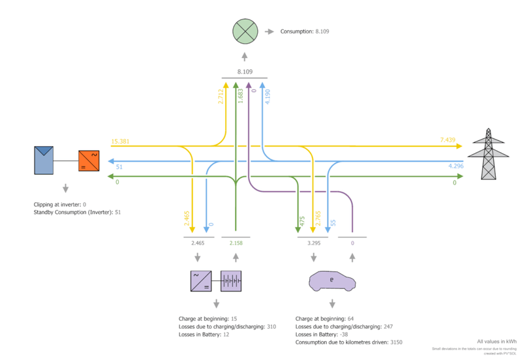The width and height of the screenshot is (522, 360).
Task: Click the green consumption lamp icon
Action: click(245, 31)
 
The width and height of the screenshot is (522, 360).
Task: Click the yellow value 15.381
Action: click(120, 141)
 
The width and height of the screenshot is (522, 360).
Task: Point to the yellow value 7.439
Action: click(450, 140)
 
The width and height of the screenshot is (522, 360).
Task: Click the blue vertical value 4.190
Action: click(268, 98)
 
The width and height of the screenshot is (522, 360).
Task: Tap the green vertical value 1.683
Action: click(240, 98)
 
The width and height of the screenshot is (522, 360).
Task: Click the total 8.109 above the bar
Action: click(245, 71)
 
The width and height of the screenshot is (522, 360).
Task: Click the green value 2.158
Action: click(236, 243)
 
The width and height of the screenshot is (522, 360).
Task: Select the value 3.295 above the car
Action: click(314, 243)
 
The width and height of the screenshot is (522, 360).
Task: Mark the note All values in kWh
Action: click(497, 341)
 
